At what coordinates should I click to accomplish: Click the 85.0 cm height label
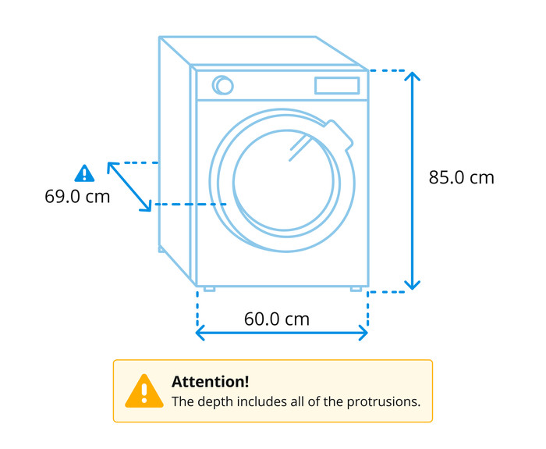(x=461, y=177)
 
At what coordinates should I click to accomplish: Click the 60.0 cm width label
(x=277, y=319)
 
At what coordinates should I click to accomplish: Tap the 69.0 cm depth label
(x=77, y=196)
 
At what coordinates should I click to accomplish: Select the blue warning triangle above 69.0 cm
(x=84, y=173)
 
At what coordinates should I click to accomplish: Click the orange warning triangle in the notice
(x=144, y=391)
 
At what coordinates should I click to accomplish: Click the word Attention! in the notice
(x=211, y=382)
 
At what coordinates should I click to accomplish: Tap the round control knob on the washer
(x=223, y=85)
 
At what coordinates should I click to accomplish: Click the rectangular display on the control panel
(x=337, y=85)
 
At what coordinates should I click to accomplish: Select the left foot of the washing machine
(x=209, y=289)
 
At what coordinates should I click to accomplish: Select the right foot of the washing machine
(x=356, y=289)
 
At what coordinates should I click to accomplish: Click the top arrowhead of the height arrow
(x=413, y=76)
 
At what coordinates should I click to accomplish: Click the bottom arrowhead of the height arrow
(x=413, y=285)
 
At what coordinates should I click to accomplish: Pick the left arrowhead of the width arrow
(x=200, y=333)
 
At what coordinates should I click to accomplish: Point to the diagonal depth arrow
(x=129, y=187)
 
